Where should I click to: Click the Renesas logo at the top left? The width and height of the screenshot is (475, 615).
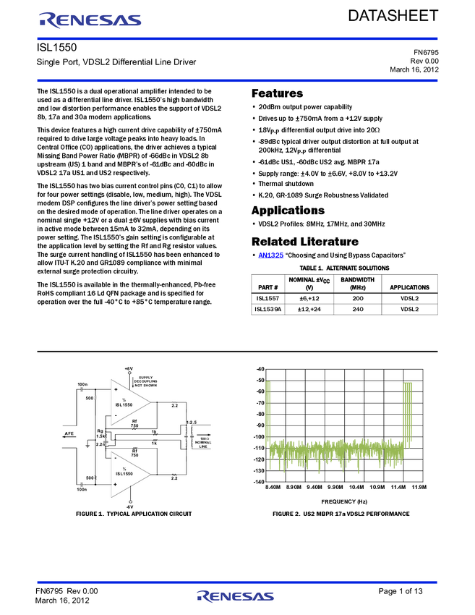91,20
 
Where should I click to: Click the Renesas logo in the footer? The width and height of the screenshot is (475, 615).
236,596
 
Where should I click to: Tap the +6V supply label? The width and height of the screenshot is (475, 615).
129,369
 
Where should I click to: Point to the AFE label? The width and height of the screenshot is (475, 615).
69,434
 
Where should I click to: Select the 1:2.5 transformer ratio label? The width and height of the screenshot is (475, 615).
192,422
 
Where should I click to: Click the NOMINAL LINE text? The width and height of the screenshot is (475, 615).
203,445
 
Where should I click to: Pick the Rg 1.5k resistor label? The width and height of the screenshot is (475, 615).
100,434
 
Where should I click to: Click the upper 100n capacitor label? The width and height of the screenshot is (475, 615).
82,384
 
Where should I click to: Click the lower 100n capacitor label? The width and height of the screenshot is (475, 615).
82,490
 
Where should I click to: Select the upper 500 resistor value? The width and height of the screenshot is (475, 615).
90,398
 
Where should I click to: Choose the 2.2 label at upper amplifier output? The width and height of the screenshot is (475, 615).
174,406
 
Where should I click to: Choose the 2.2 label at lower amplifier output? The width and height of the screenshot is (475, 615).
174,478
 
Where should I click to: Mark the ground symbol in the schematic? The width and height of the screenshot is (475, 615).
87,446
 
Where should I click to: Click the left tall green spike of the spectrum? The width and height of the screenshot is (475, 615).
268,412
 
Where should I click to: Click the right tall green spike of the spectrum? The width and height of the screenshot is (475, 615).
408,412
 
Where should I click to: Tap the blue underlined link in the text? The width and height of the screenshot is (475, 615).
271,255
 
